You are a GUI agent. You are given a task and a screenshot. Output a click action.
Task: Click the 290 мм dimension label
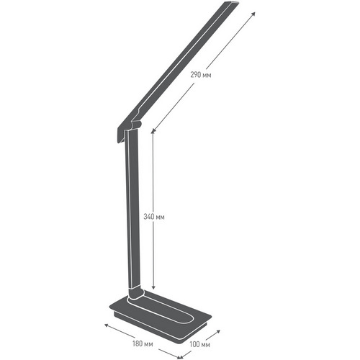point(201,75)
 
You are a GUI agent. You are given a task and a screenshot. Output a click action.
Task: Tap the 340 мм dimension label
point(154,217)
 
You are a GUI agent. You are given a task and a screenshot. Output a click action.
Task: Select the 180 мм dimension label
point(143,343)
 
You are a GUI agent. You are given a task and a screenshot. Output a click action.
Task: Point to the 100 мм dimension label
point(199,344)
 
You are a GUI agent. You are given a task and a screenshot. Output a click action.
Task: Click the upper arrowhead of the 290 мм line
point(253,14)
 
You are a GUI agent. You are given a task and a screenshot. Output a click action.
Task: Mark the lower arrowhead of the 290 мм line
point(153,130)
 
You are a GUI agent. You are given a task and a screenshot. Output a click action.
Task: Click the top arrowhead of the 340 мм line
point(153,132)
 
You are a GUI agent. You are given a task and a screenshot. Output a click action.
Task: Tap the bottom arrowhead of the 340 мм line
point(153,287)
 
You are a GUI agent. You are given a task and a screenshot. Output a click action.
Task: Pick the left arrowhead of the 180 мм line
point(107,325)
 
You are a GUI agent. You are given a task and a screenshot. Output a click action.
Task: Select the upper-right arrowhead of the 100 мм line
point(218,331)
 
